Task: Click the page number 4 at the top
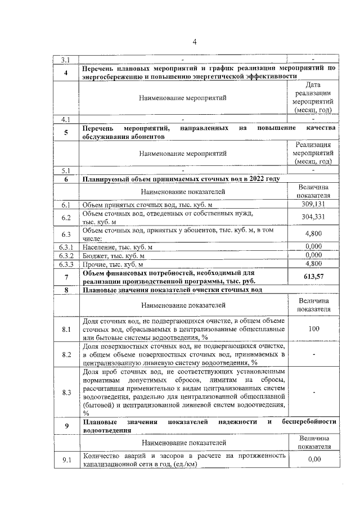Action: coord(195,42)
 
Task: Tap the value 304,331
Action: coord(313,217)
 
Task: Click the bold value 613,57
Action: coord(313,277)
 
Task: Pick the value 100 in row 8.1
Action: coord(313,328)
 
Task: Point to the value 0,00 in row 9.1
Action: coord(313,460)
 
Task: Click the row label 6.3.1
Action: coord(66,246)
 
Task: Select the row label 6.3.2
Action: coord(66,255)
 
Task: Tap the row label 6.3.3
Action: coord(66,263)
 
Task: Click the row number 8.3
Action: coord(66,392)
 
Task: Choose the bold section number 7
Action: coord(66,277)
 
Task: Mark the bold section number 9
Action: coord(66,426)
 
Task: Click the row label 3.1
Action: coord(66,59)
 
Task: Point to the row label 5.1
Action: coord(66,170)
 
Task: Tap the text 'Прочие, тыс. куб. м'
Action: coord(113,264)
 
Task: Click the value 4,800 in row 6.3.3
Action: coord(313,263)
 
